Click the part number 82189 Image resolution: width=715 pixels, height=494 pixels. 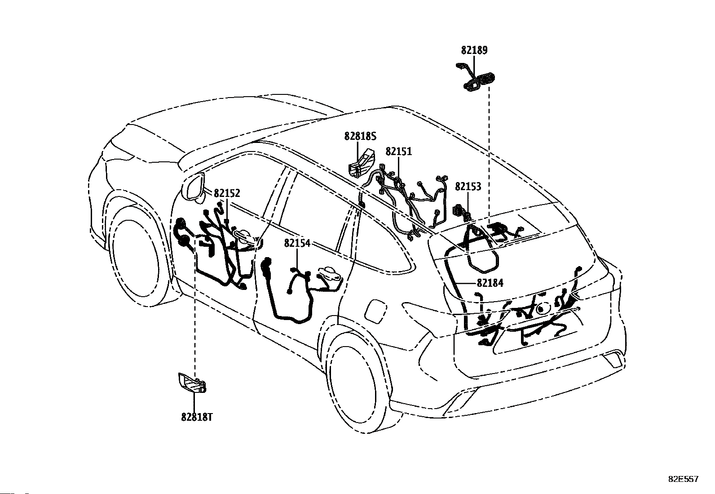[474, 50]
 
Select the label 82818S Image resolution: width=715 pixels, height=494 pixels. [360, 137]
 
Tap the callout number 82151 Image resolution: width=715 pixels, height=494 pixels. [399, 151]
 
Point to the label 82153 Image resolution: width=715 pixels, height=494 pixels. [468, 187]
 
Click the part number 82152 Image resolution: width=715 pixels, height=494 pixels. [227, 193]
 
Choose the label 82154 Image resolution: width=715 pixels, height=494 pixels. [297, 243]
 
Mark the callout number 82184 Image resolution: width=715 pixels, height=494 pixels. [490, 283]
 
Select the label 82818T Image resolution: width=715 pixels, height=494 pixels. [197, 417]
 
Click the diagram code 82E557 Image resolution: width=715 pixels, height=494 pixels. [684, 479]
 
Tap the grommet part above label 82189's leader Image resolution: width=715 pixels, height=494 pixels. [476, 78]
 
